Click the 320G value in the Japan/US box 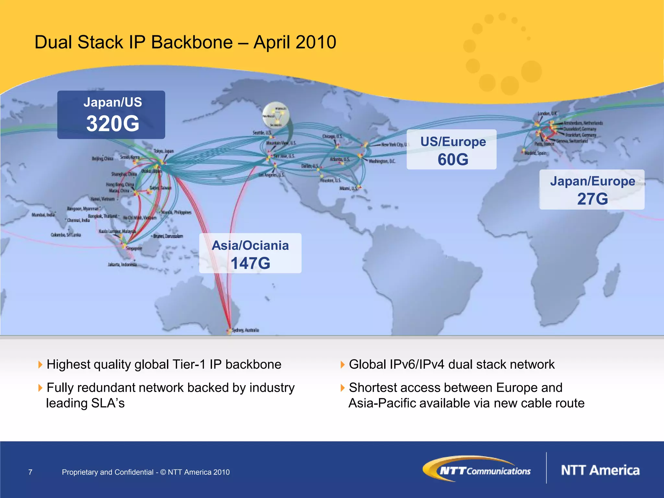point(113,124)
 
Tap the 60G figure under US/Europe point(453,160)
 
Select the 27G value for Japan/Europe point(592,199)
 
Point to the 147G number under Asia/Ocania point(250,263)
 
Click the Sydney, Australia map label point(246,330)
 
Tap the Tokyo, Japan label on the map point(164,151)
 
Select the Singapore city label point(134,248)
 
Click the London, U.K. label point(547,113)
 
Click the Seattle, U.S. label point(262,133)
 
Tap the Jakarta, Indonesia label point(122,265)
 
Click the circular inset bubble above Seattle point(276,115)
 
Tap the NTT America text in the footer point(600,470)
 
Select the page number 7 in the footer point(30,472)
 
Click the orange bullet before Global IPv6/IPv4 point(342,365)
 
